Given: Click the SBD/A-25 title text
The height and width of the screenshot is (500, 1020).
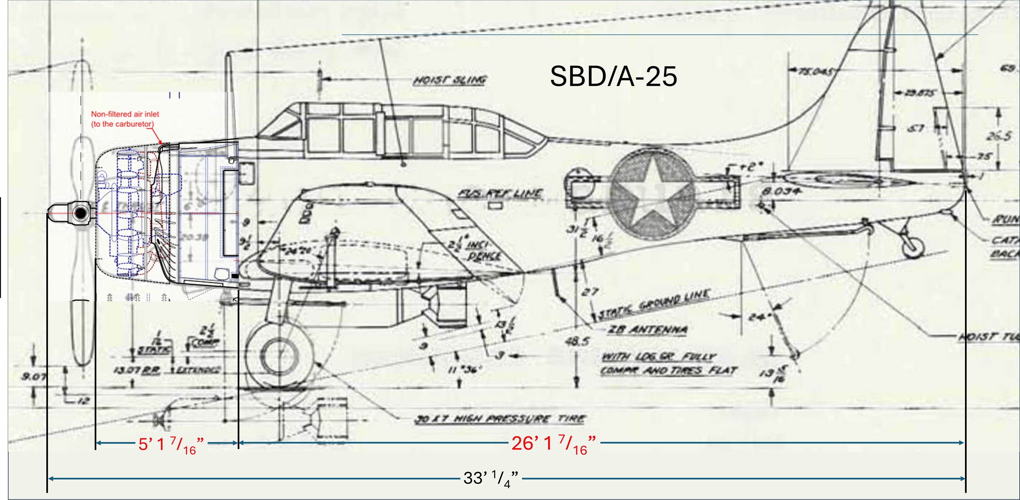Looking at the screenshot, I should pos(613,76).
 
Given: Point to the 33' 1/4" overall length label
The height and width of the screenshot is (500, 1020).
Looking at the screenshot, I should pos(490,479).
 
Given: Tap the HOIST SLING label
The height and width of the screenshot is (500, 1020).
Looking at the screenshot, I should pos(450,80).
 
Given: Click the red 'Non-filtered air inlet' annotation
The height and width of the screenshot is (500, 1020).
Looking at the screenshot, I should pos(125,119).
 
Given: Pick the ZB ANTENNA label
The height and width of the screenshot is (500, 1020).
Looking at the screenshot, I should pos(648,329).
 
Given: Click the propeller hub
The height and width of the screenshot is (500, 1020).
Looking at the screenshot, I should pos(80,213).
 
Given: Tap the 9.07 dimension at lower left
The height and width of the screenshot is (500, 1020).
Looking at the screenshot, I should pos(33,376).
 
